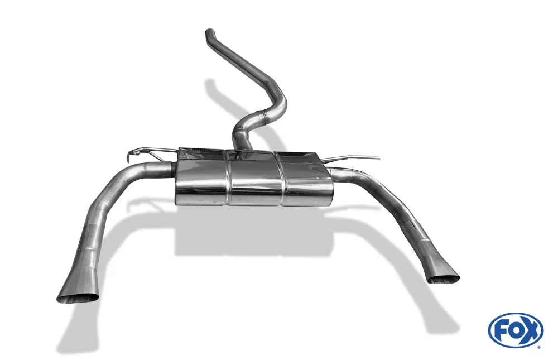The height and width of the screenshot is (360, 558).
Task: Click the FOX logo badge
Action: [516, 330]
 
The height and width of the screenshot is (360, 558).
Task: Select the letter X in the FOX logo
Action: [531, 330]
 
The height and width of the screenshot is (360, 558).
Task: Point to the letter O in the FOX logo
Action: [515, 332]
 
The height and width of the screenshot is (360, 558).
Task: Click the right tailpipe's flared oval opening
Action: [443, 278]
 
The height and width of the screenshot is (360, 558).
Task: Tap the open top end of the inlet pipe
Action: [210, 32]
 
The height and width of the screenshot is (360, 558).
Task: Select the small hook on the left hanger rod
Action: [133, 154]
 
